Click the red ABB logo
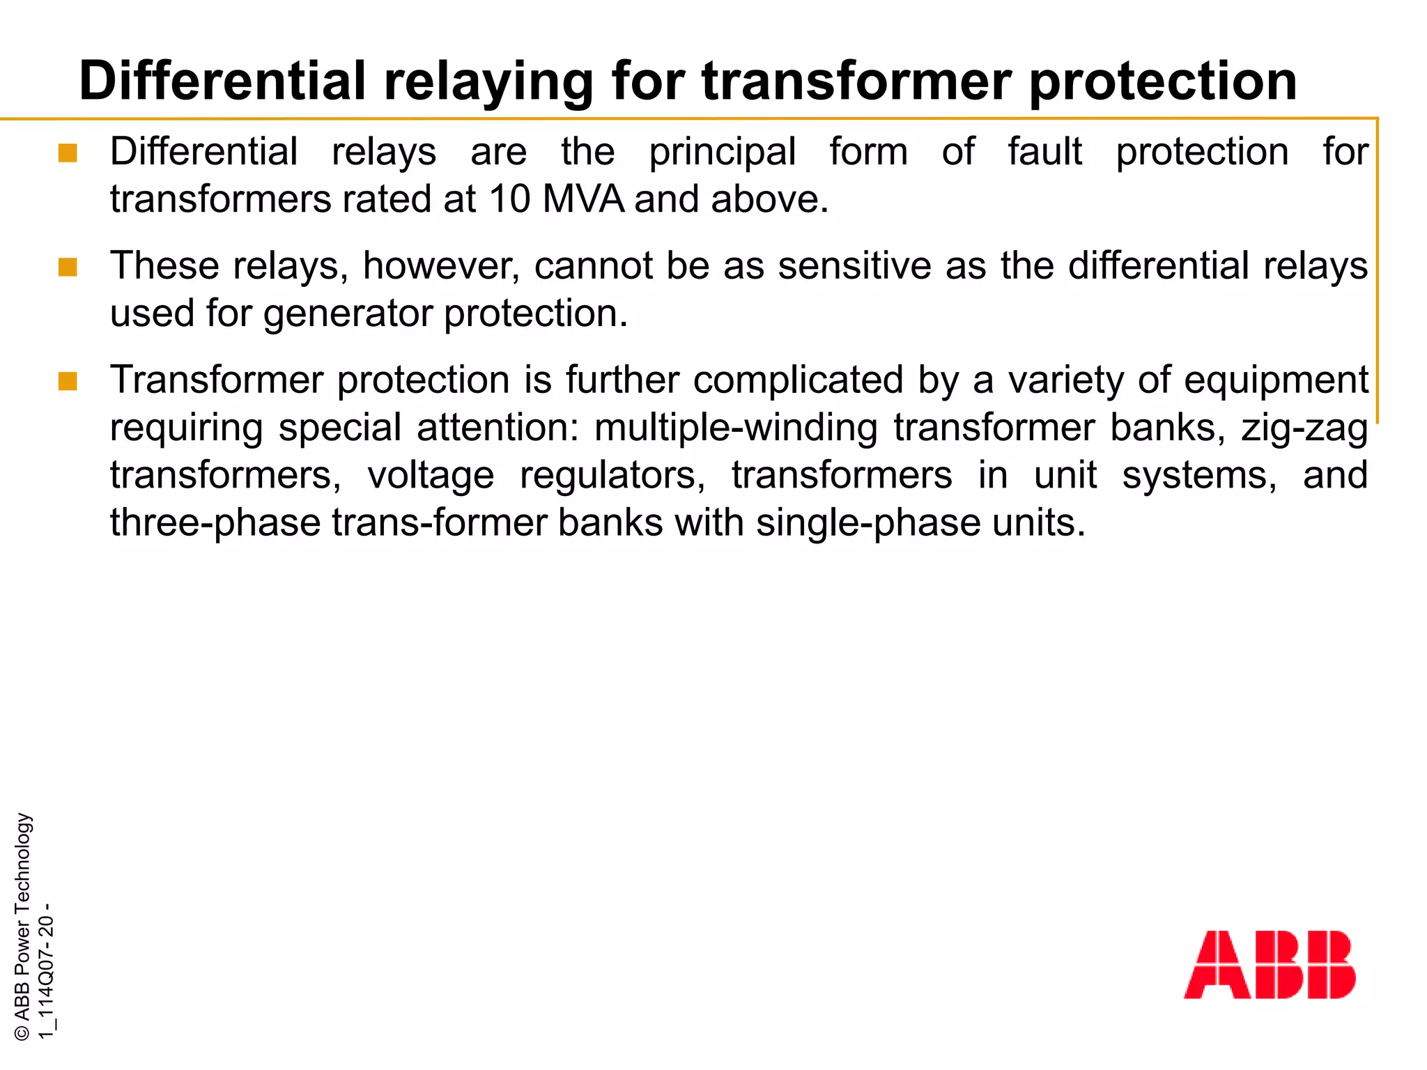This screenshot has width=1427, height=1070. tap(1270, 964)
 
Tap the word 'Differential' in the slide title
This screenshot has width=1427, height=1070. tap(222, 80)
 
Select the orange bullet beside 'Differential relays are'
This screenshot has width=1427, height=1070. tap(68, 153)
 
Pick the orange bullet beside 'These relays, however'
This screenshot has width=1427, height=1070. tap(68, 267)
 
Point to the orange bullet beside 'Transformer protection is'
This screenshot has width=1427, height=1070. tap(68, 381)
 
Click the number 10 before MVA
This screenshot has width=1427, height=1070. tap(509, 199)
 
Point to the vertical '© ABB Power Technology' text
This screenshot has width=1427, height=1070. tap(22, 926)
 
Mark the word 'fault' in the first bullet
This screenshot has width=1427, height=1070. tap(1044, 152)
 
